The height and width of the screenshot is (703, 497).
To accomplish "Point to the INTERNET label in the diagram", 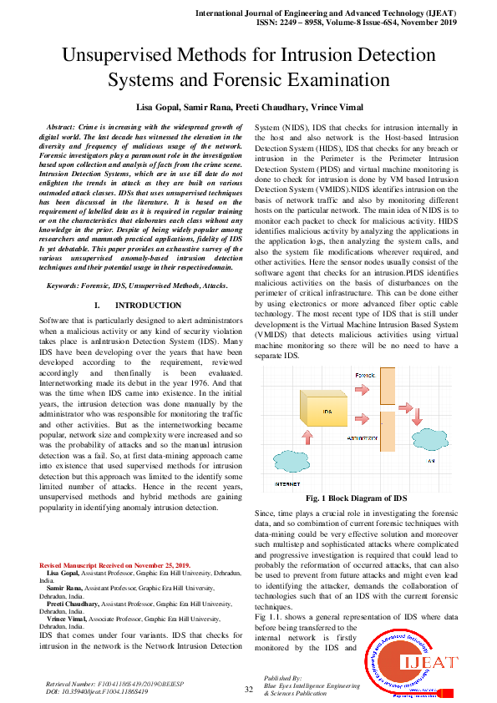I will click(287, 484).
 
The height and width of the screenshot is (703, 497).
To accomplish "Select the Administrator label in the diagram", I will click(362, 436).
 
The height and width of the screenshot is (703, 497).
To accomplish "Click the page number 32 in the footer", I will click(248, 690).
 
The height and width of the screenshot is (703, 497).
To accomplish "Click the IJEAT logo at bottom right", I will click(411, 664).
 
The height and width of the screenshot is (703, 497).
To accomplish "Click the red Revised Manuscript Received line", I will click(114, 565).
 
